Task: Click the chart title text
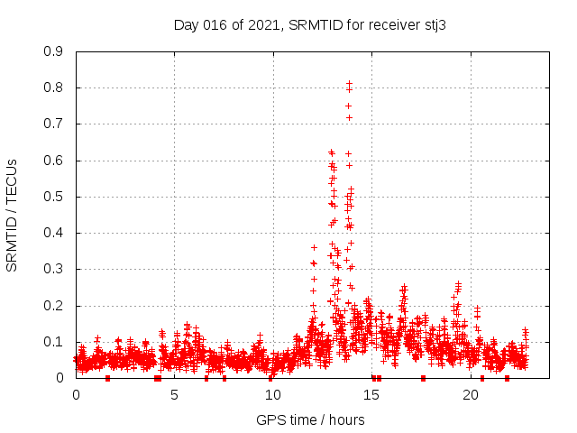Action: [x=310, y=24]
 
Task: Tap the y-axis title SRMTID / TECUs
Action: [x=12, y=215]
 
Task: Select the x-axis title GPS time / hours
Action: [x=310, y=419]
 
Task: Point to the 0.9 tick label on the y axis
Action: [x=55, y=51]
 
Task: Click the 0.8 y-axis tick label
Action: [x=55, y=88]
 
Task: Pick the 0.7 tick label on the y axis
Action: [x=55, y=124]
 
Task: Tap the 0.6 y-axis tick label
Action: [x=55, y=161]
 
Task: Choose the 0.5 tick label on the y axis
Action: [x=55, y=197]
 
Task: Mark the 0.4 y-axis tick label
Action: [x=55, y=233]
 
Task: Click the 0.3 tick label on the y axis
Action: [x=55, y=269]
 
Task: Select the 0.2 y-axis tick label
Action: [x=55, y=306]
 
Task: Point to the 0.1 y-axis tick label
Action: [x=55, y=342]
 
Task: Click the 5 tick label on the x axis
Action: [x=175, y=394]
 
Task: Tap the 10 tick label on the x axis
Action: [x=273, y=394]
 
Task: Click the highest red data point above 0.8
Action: [x=349, y=83]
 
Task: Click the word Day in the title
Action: [x=186, y=24]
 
